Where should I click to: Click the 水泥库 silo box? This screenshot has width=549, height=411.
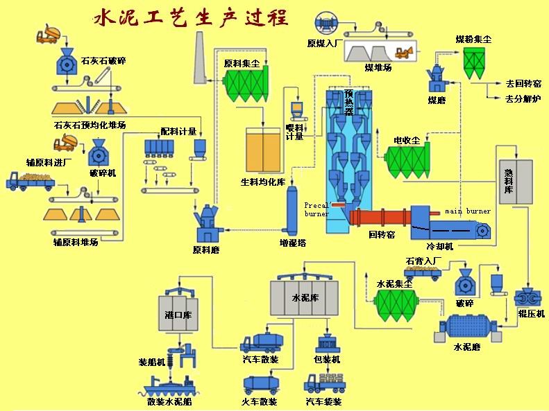(304, 298)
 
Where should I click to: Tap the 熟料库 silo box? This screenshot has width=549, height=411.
(516, 182)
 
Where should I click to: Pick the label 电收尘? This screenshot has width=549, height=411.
(407, 141)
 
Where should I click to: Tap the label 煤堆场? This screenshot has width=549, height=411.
(378, 67)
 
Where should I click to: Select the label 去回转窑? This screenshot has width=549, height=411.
(523, 83)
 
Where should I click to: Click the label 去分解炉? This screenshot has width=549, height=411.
(523, 99)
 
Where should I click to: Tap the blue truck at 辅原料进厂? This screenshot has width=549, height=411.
(28, 182)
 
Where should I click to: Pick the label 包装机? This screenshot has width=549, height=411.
(326, 360)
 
